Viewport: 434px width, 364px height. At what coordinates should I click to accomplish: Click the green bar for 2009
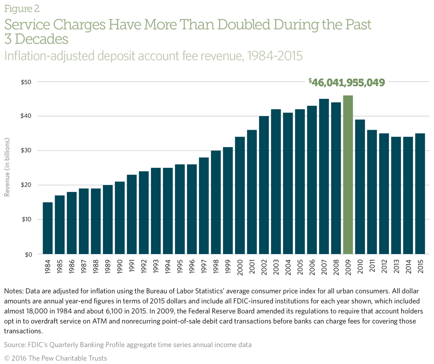pyautogui.click(x=348, y=175)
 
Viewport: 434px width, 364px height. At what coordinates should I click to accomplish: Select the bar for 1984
pyautogui.click(x=48, y=228)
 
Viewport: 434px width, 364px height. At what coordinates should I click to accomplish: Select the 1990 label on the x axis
pyautogui.click(x=120, y=267)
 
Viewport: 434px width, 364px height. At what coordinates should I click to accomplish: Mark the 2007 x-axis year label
pyautogui.click(x=324, y=267)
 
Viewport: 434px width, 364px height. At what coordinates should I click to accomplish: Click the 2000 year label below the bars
pyautogui.click(x=240, y=267)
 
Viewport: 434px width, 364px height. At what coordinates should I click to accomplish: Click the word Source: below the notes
pyautogui.click(x=16, y=345)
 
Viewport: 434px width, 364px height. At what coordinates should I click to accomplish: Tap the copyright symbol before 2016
pyautogui.click(x=7, y=358)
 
